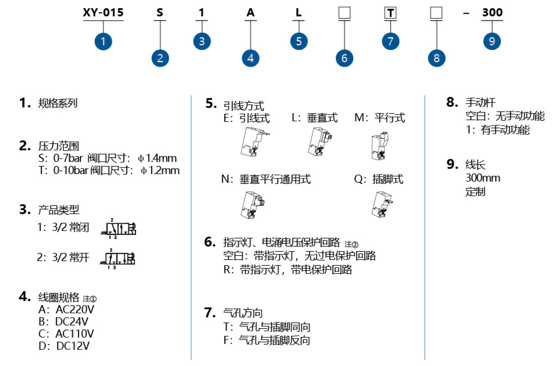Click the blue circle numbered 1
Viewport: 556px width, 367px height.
click(103, 41)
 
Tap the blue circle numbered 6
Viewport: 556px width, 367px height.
click(344, 58)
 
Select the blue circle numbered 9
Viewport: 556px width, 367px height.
click(492, 41)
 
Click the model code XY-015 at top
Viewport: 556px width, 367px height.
click(103, 12)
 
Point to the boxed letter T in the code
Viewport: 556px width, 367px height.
click(390, 13)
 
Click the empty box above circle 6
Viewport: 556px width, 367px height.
click(344, 13)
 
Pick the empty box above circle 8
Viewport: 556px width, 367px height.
click(436, 13)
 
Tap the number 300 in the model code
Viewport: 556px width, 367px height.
click(492, 12)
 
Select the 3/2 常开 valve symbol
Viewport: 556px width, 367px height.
click(118, 259)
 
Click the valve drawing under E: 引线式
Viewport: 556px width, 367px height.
click(254, 142)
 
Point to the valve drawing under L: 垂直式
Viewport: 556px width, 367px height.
click(320, 142)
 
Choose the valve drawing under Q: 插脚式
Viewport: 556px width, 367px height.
click(382, 204)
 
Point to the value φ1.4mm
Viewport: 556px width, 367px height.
click(157, 158)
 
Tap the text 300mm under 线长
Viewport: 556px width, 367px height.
click(483, 178)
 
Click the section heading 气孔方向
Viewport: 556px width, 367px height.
click(243, 313)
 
